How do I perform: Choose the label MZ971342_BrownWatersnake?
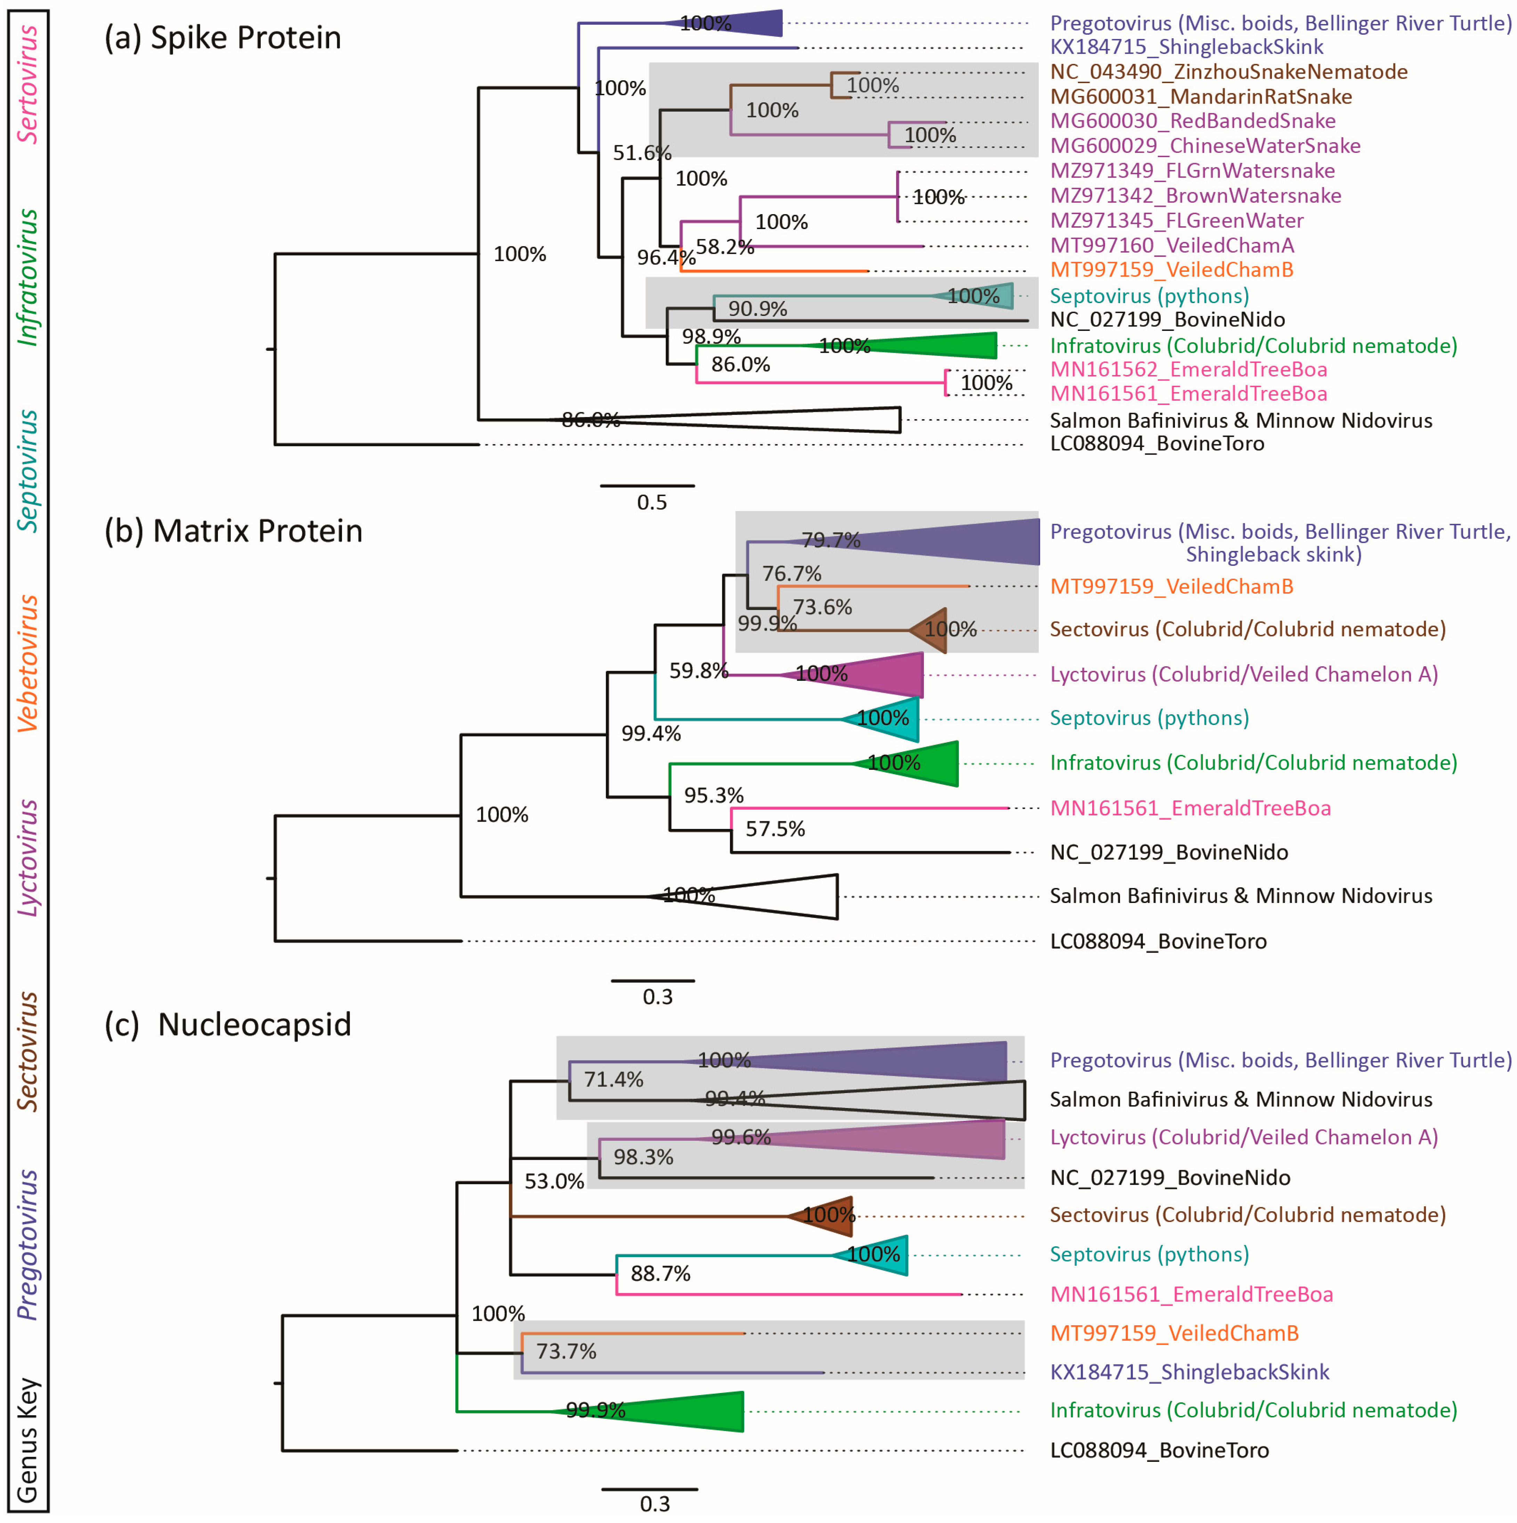(1195, 195)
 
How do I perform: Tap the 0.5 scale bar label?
(651, 502)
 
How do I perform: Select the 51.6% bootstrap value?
(642, 153)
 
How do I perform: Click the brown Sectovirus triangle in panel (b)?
(930, 630)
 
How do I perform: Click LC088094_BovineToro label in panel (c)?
(1159, 1450)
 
